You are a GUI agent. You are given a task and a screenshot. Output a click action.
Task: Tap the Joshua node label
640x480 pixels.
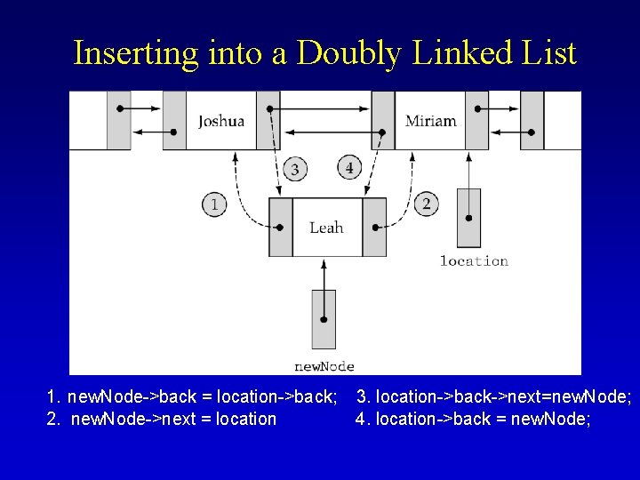pos(220,121)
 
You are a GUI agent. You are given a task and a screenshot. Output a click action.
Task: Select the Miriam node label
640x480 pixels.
pos(430,121)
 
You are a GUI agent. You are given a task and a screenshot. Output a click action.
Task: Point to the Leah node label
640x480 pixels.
pos(326,228)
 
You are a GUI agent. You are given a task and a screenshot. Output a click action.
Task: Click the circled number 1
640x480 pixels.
pos(214,205)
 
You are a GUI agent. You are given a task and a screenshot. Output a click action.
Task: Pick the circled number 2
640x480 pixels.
pos(427,205)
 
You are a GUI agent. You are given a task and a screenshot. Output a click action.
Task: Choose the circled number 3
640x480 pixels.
pos(295,169)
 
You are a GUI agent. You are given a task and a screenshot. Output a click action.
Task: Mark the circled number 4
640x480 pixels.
pos(349,167)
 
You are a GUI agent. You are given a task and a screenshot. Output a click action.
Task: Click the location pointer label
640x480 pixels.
pos(474,261)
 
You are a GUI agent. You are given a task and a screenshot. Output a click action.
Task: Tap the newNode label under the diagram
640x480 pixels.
pos(324,366)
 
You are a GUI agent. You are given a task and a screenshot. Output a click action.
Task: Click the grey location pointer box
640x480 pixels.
pos(468,218)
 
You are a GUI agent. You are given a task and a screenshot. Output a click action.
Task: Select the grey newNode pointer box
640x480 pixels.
pos(324,319)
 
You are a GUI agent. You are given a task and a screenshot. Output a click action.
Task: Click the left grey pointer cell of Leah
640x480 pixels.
pos(281,228)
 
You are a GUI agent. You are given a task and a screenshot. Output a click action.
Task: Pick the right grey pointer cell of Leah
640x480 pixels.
pos(374,228)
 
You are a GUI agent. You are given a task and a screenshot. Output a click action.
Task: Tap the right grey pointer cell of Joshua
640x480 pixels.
pos(268,121)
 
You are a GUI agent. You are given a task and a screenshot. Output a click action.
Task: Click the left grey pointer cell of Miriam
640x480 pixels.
pos(383,121)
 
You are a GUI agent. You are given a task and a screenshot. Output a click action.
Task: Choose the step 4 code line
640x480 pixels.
pos(473,419)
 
